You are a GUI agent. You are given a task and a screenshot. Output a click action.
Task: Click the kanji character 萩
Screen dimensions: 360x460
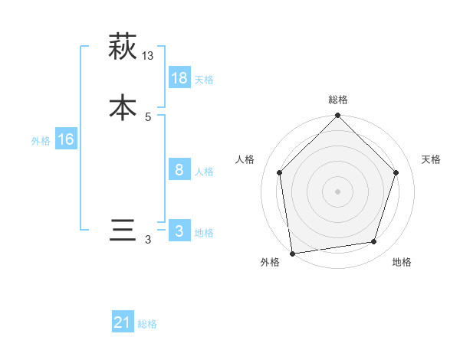tap(123, 47)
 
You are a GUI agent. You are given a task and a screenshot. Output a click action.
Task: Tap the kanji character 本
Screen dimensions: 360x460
tap(123, 107)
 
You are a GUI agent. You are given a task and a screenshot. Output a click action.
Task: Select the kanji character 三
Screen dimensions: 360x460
tap(123, 231)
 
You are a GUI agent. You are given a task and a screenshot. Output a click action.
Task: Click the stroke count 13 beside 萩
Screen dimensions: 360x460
tap(148, 56)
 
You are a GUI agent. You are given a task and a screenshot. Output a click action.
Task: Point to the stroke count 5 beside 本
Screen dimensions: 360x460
tap(148, 117)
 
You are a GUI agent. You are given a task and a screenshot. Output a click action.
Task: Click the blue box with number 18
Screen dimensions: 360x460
tap(179, 78)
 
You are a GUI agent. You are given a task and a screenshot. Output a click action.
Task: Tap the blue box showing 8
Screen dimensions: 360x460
tap(179, 170)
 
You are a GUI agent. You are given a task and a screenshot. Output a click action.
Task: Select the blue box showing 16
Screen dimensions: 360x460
tap(65, 139)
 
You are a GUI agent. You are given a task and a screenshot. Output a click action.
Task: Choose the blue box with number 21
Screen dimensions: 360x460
tap(123, 322)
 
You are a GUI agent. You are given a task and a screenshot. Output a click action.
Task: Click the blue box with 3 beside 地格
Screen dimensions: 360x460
tap(179, 232)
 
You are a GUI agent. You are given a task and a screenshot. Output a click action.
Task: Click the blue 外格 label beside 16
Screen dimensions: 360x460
tap(41, 141)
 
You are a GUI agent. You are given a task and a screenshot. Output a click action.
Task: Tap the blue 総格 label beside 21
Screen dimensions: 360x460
tap(147, 324)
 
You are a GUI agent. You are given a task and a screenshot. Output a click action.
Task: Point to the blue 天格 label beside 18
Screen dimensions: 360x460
tap(204, 80)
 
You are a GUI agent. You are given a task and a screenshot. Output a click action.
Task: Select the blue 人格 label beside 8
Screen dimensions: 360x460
tap(204, 172)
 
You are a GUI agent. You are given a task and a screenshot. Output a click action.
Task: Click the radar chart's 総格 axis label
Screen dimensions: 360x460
tap(338, 100)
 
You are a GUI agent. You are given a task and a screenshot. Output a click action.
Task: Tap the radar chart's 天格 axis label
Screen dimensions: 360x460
tap(432, 159)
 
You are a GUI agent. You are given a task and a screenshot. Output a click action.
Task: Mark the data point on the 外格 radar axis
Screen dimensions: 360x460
tap(292, 253)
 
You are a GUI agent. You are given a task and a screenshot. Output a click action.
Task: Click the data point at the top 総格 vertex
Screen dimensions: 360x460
tap(338, 116)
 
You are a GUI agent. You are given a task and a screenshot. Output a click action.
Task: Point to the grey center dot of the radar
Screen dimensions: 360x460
tap(338, 191)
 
